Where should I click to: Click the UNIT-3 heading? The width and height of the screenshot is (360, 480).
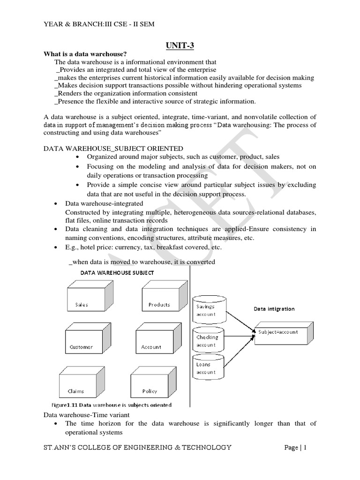point(180,45)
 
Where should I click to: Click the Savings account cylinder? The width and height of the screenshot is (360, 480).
point(209,309)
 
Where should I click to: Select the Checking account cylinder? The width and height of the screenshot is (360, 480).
point(209,340)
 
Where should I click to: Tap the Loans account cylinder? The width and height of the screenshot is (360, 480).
point(209,367)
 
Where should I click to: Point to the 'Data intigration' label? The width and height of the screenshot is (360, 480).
point(274,309)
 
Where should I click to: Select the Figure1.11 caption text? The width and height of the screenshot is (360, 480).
point(111,405)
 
